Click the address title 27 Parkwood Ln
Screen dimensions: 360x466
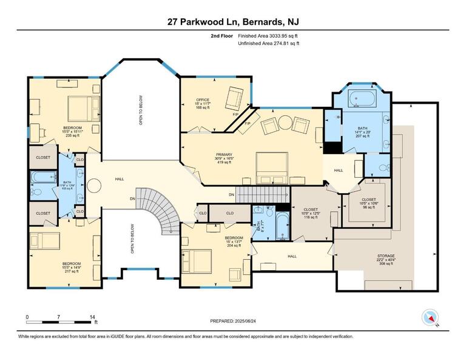pos(233,22)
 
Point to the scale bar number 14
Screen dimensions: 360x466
pos(92,317)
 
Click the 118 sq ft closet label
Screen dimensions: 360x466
pos(309,212)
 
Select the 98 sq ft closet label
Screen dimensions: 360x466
pos(368,203)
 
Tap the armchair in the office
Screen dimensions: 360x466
pos(234,97)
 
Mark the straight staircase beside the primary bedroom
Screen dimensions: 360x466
pos(261,194)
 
